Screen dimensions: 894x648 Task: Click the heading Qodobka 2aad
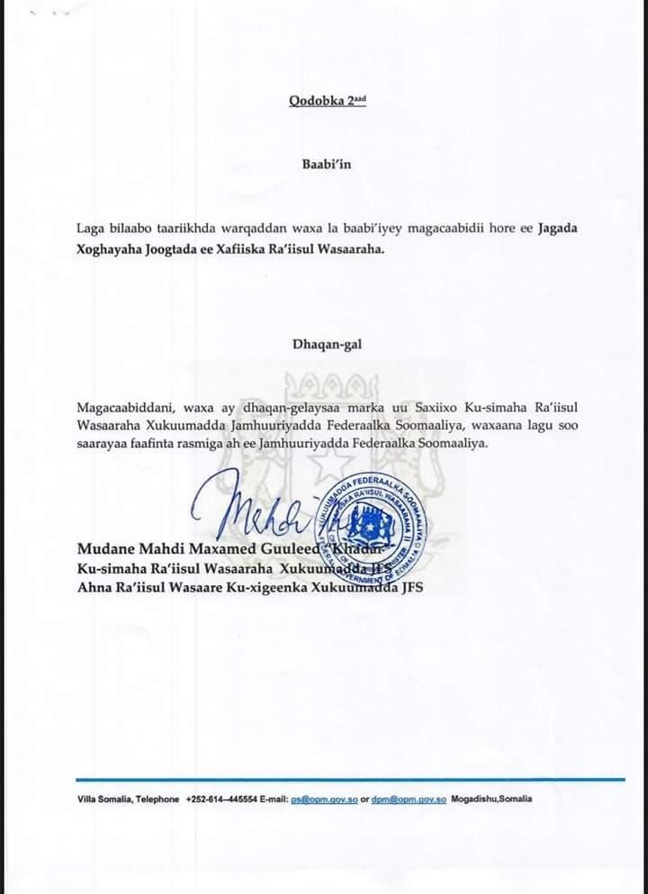click(328, 101)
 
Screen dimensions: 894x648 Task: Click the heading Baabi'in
click(328, 164)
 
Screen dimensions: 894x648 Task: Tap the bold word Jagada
click(558, 228)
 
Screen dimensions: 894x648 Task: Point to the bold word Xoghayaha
click(109, 249)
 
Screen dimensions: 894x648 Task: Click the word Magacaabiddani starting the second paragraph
click(124, 407)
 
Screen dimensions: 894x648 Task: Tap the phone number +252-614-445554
click(221, 799)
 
